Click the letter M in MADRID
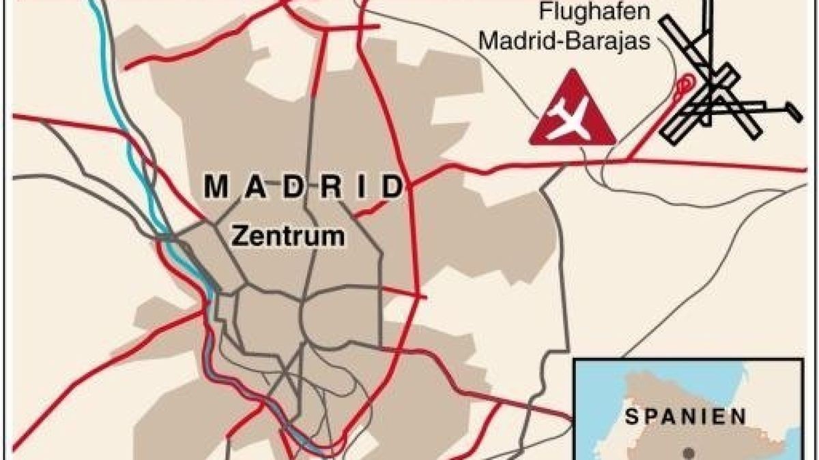[x=216, y=187]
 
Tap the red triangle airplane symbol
[x=572, y=112]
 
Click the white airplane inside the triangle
[x=571, y=118]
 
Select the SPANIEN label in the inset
[x=687, y=416]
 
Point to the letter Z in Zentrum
[x=239, y=235]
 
